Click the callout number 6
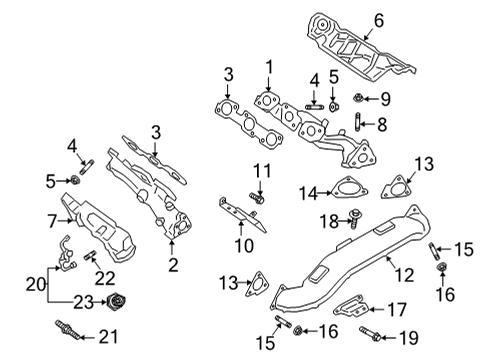(379, 19)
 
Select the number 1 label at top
(268, 68)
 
